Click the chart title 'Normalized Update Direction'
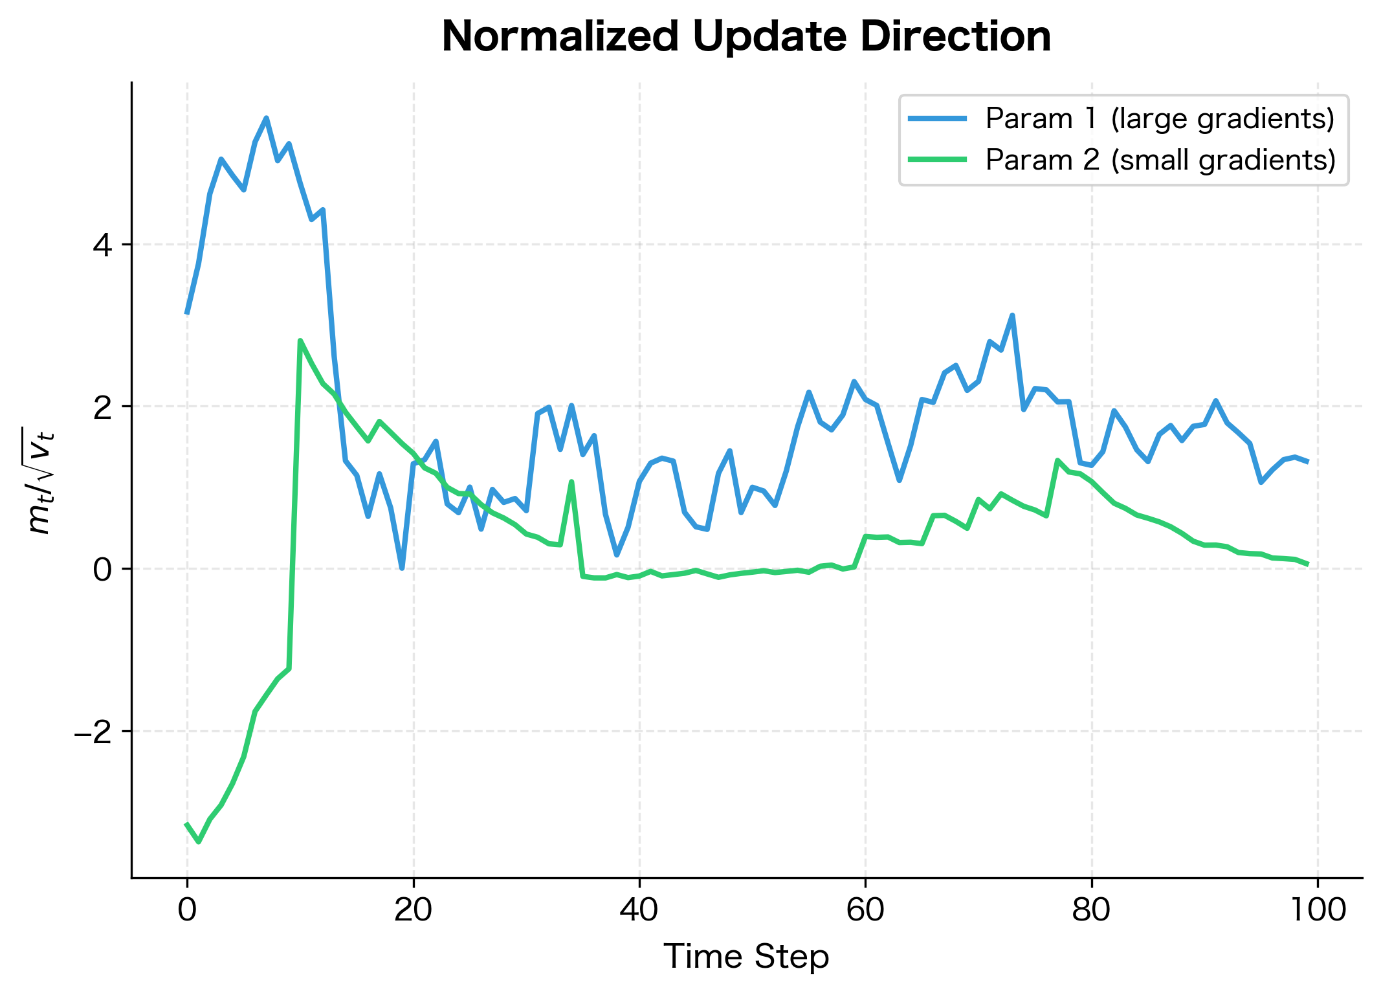746,37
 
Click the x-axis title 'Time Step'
746,957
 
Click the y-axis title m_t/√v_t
41,480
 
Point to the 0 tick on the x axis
187,910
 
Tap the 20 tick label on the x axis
413,910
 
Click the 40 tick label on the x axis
639,910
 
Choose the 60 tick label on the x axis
865,910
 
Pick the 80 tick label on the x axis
1092,910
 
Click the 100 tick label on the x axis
1318,910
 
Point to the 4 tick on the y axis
104,245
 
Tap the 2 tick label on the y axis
104,407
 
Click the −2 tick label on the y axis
94,731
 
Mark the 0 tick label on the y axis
104,570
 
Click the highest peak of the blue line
266,118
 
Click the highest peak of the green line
300,340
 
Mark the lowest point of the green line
199,842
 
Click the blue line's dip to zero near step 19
402,568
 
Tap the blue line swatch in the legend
938,119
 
